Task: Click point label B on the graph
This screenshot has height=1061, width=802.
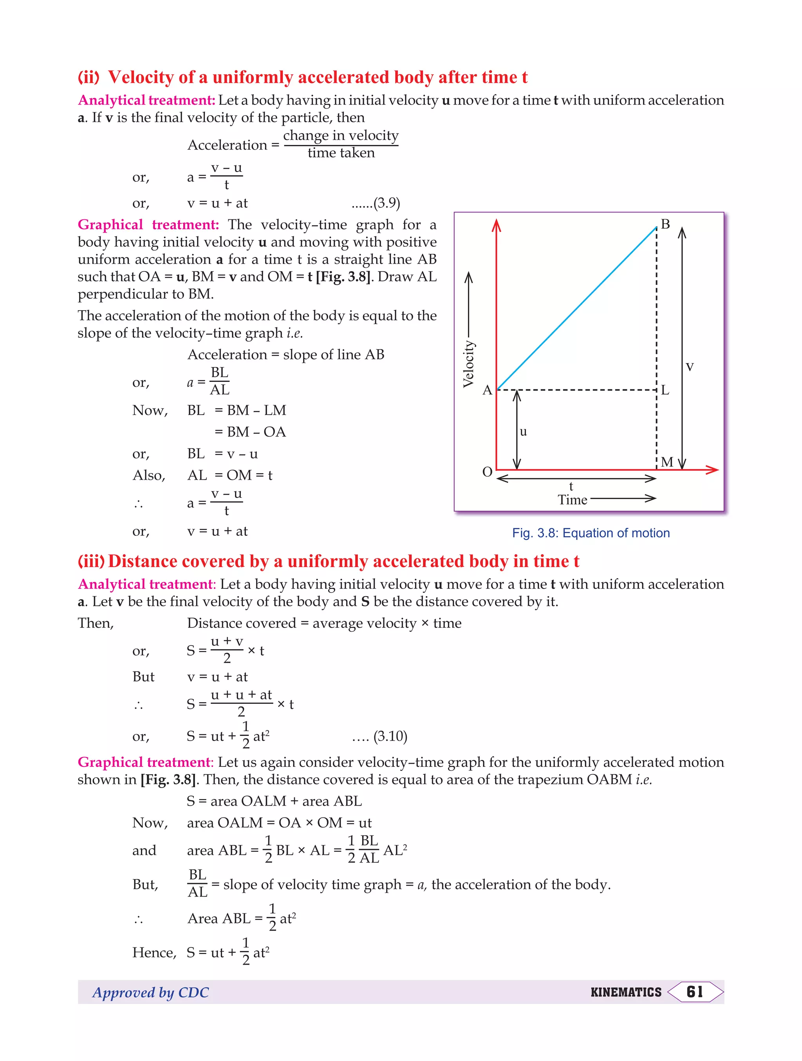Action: pos(665,224)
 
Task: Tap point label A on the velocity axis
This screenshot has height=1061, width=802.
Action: pos(487,390)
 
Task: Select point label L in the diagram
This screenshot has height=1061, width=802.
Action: pos(665,390)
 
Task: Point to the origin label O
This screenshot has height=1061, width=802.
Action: pos(487,472)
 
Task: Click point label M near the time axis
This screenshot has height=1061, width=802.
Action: pos(667,462)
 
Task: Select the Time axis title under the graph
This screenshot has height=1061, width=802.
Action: pos(572,500)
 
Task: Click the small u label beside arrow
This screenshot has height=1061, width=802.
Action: pos(523,431)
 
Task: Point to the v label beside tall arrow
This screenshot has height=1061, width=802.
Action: pos(689,367)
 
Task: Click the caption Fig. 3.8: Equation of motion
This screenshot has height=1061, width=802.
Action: pos(591,533)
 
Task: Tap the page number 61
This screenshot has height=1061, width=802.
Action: pos(695,991)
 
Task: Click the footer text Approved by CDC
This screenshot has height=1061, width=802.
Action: pos(151,992)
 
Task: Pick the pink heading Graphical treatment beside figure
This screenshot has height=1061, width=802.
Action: pos(148,224)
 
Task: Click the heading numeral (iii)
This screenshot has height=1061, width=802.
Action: pos(91,561)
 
